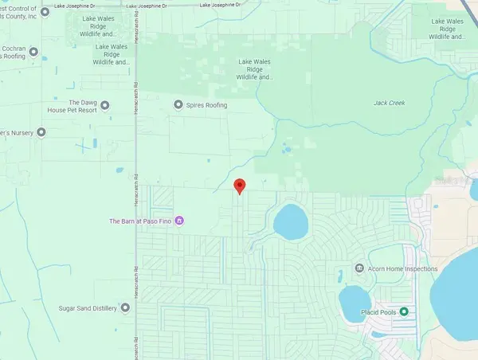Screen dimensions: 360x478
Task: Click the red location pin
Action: [239, 186]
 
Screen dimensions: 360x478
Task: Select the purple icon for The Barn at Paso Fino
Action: [180, 221]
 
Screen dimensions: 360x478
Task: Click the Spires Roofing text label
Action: [205, 105]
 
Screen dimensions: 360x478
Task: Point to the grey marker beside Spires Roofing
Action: [178, 105]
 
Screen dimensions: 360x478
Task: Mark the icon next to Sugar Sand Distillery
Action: [124, 307]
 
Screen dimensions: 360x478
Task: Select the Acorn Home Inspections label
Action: [402, 268]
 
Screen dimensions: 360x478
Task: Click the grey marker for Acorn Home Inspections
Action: [360, 268]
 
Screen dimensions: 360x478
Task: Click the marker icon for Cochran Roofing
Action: [44, 54]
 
